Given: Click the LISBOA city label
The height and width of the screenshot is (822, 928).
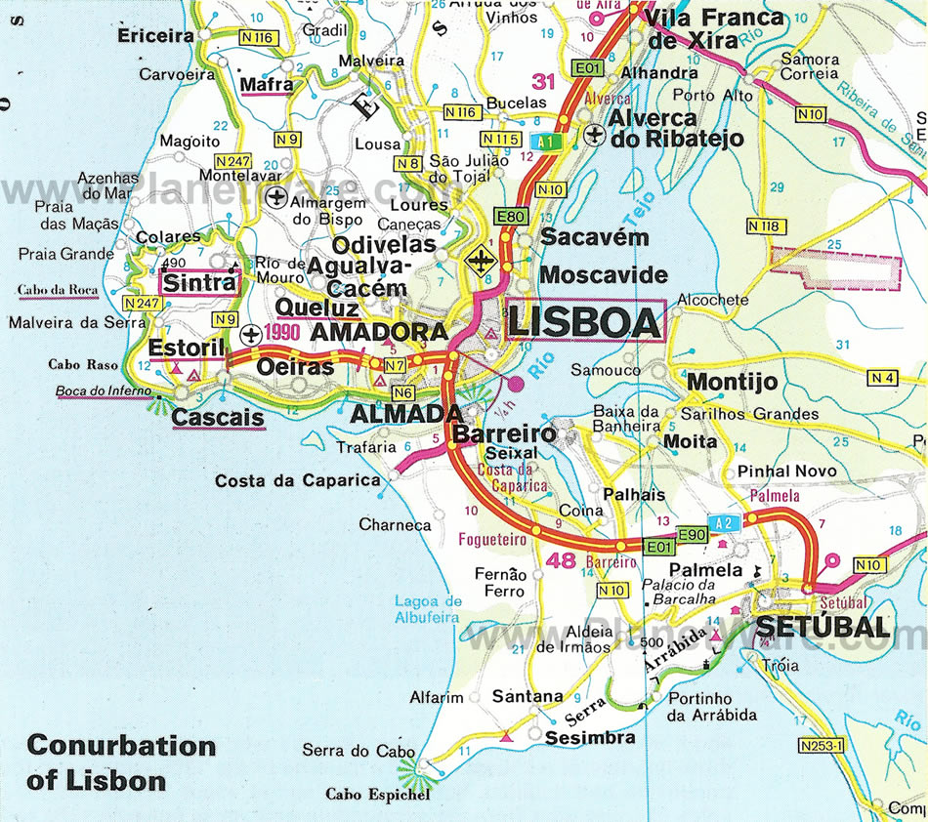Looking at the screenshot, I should pyautogui.click(x=584, y=322).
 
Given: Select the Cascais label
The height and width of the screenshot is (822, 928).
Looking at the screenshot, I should pyautogui.click(x=219, y=418).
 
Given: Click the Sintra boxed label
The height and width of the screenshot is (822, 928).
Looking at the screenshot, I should pyautogui.click(x=198, y=283).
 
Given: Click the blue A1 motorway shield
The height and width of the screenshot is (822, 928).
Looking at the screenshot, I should pyautogui.click(x=544, y=141).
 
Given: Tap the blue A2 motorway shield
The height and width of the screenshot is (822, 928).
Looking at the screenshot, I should pyautogui.click(x=724, y=522).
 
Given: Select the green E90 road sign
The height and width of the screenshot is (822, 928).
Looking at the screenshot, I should pyautogui.click(x=692, y=535).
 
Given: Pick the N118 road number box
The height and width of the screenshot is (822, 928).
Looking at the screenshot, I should pyautogui.click(x=765, y=226).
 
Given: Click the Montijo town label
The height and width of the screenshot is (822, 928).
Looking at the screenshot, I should pyautogui.click(x=732, y=382).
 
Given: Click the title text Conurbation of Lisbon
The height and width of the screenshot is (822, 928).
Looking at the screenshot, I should pyautogui.click(x=121, y=762).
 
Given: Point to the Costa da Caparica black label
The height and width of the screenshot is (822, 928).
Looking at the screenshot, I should pyautogui.click(x=297, y=480).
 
